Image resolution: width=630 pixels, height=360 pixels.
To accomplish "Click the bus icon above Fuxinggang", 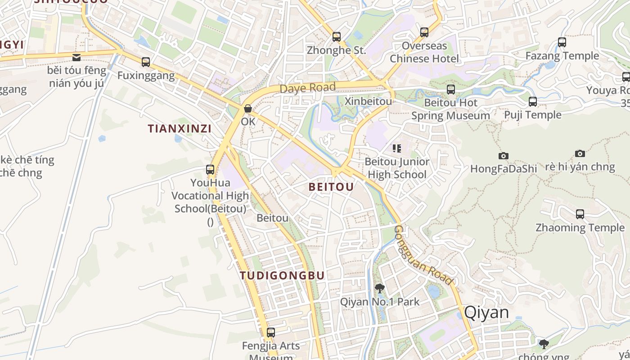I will pos(146,62).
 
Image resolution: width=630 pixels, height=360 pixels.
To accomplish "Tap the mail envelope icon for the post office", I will pos(76,57).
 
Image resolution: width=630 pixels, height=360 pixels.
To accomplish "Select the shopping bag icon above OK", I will pos(247,108).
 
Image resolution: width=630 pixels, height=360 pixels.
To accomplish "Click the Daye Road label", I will pos(308,88).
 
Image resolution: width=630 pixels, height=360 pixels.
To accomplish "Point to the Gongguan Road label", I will pos(422,255).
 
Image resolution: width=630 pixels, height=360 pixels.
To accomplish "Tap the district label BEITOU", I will pos(331,187).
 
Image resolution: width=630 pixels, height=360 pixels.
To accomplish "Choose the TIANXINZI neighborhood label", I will pos(180,129).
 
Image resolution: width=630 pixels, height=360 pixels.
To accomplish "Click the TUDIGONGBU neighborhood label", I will pos(282,275).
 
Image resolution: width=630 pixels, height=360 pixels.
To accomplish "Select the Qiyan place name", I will pos(486,312).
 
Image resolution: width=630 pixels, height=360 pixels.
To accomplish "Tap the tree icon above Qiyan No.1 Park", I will pos(379,288).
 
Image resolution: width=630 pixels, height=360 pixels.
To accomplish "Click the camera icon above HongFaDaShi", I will pos(504,156).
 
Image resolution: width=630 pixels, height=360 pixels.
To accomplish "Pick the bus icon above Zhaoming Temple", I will pos(580,214).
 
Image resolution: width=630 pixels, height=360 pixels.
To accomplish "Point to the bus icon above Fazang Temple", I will pos(562,42).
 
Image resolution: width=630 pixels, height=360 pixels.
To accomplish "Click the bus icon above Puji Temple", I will pos(533,102).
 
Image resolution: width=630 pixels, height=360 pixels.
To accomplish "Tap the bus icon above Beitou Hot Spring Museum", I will pos(451,90).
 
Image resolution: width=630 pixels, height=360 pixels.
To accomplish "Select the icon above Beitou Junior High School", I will pos(397,148).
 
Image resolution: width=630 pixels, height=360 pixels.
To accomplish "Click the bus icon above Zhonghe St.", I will pos(337,37).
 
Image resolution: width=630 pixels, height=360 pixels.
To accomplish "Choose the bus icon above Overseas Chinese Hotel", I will pos(424,32).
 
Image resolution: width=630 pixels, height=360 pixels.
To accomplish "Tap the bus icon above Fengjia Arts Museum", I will pos(270,333).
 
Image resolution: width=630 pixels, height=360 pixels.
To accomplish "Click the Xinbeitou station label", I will pos(368,101).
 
